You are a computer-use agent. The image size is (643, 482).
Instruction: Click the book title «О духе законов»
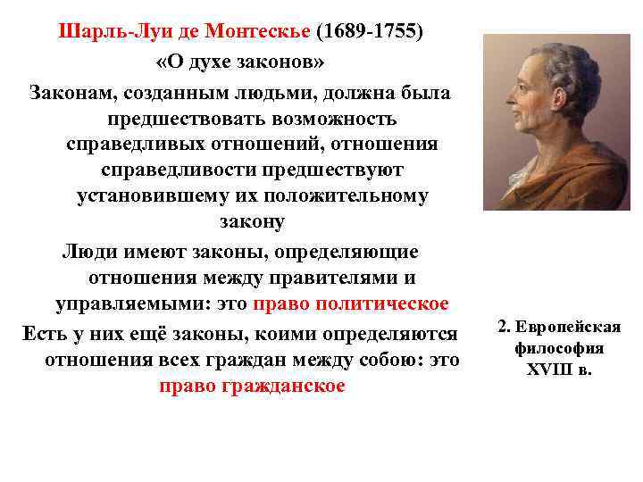point(240,63)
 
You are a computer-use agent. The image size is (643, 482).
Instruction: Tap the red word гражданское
point(281,386)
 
